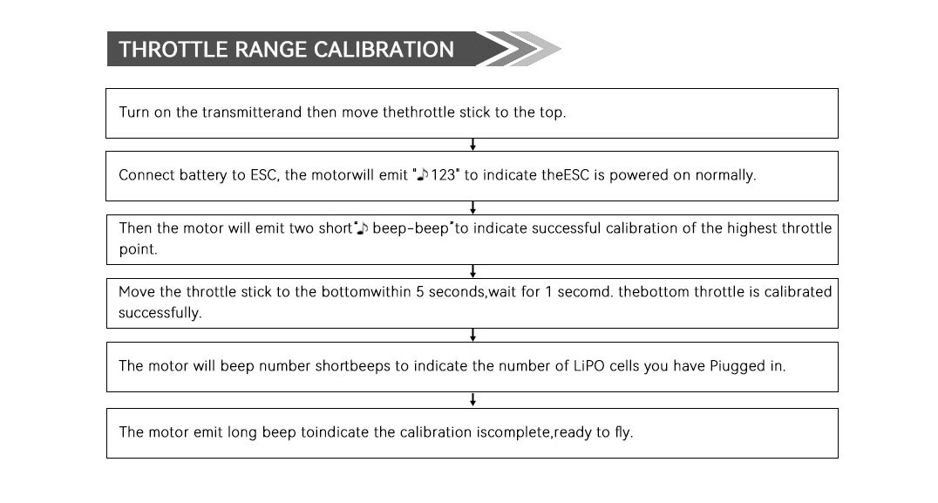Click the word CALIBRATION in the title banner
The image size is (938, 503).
384,49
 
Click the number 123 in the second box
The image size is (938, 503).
443,174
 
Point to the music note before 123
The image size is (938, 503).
422,174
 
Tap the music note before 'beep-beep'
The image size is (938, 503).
363,228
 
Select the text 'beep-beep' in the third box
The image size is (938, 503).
411,228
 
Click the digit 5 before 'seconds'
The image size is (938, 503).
420,291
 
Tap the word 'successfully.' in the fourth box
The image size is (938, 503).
160,312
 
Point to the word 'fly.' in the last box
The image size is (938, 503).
623,432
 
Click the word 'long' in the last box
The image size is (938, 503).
241,432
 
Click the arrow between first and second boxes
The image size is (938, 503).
472,145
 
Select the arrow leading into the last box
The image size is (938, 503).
472,400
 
